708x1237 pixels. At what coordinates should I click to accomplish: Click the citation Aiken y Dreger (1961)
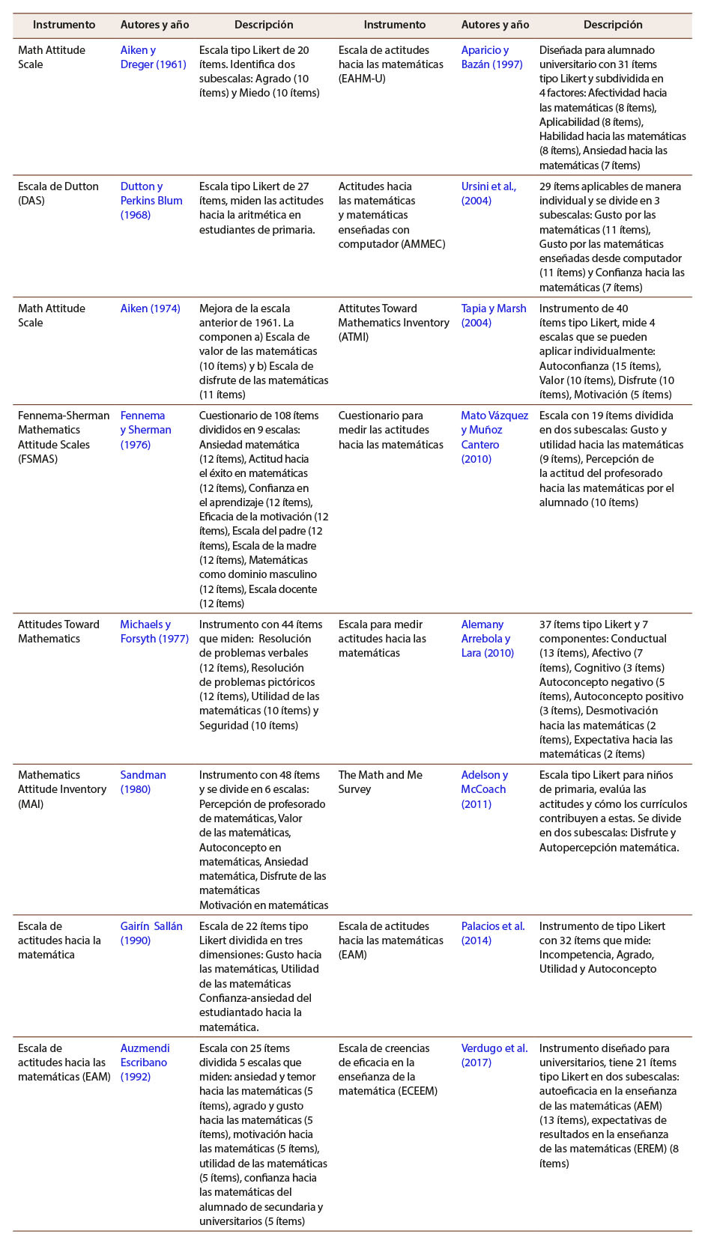click(153, 58)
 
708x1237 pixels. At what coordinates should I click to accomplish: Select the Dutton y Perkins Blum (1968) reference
click(151, 201)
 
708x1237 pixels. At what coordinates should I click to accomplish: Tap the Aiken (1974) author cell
click(150, 309)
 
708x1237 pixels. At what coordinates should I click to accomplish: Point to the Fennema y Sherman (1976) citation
click(146, 430)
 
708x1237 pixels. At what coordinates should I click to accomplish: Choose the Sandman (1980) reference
click(143, 782)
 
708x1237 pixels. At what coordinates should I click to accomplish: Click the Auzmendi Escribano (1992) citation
click(145, 1063)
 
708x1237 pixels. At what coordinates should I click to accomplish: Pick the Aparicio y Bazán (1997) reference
click(491, 58)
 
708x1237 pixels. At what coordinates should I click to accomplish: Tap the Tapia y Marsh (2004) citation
click(494, 315)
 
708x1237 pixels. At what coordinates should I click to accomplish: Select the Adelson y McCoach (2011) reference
click(484, 789)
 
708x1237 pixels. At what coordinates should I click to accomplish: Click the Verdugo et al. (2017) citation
click(494, 1055)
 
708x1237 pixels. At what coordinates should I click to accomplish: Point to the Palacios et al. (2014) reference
click(493, 933)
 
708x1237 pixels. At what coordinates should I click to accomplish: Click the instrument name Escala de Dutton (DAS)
click(58, 194)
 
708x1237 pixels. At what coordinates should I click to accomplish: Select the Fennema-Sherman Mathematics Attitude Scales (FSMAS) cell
click(64, 437)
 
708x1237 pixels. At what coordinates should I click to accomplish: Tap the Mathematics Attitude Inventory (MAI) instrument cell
click(62, 789)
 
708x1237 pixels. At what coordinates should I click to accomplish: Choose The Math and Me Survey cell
click(380, 782)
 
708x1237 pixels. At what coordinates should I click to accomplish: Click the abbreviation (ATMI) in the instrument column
click(354, 337)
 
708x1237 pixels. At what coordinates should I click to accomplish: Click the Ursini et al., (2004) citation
click(488, 193)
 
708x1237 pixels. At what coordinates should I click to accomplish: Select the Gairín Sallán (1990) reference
click(151, 933)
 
